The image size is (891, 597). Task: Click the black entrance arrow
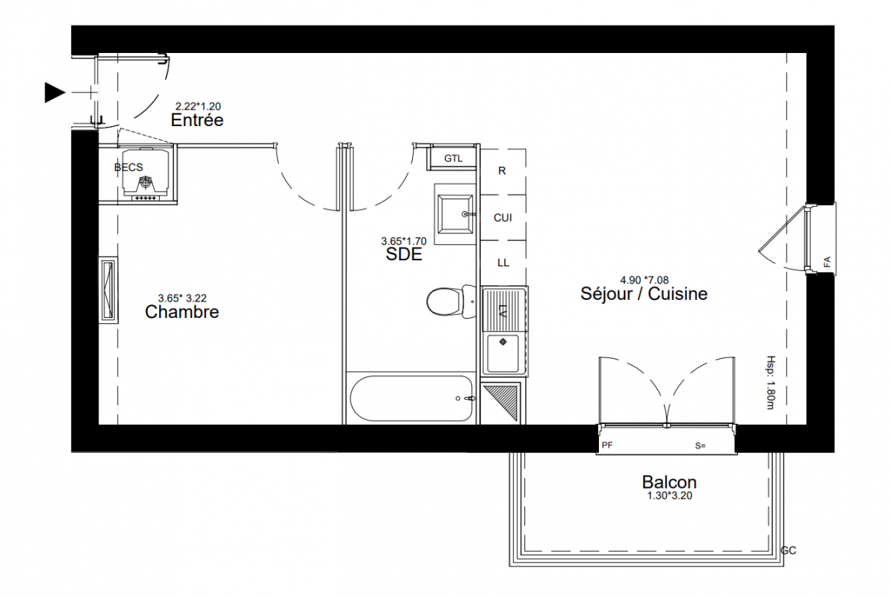[x=55, y=93]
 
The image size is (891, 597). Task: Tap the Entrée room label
[x=197, y=120]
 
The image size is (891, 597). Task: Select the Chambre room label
[x=181, y=312]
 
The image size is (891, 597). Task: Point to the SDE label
[x=404, y=254]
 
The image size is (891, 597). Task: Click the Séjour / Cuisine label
[x=644, y=294]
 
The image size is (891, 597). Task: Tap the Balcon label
[x=669, y=482]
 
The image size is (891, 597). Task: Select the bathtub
[x=412, y=398]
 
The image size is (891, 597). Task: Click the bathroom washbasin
[x=455, y=214]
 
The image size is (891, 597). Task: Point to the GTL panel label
[x=453, y=158]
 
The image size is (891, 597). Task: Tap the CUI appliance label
[x=503, y=218]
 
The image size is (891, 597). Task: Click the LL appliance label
[x=503, y=263]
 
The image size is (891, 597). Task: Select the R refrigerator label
[x=502, y=171]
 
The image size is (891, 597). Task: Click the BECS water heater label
[x=128, y=167]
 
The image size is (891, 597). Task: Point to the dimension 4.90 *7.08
[x=645, y=280]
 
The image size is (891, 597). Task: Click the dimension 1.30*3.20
[x=669, y=496]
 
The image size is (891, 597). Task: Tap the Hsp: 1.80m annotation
[x=771, y=382]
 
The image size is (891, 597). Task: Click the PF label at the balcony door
[x=607, y=446]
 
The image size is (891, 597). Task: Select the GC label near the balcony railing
[x=789, y=551]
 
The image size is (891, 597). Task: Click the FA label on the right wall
[x=827, y=262]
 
